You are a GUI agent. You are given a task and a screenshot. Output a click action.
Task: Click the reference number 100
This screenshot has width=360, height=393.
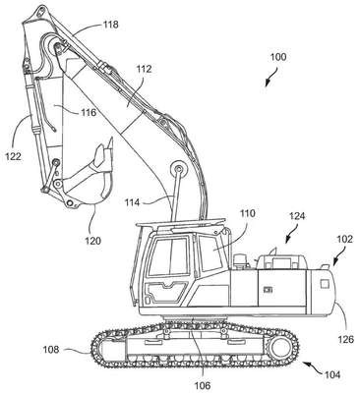278,57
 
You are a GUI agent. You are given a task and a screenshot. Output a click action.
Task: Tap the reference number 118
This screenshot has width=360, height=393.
110,25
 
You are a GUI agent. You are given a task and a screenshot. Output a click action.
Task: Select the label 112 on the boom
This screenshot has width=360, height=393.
144,69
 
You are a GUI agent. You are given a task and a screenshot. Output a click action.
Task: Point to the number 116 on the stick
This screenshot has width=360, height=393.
90,112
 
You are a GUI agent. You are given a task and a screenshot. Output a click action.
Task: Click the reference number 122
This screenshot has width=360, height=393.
13,156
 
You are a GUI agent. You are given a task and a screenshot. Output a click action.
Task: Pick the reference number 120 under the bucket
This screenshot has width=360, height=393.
93,241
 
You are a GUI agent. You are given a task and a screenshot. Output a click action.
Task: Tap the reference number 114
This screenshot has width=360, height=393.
132,202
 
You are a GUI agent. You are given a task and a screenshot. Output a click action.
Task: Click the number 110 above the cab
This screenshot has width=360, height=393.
247,213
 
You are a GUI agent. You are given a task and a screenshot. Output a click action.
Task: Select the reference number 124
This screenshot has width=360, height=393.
297,216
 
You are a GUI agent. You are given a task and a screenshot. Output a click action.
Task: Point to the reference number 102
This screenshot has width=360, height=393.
345,239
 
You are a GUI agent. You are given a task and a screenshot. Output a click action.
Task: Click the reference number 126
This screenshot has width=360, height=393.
347,339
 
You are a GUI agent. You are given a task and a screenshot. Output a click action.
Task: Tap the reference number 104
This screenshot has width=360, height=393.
332,374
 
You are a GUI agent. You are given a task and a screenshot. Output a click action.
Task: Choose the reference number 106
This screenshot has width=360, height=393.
202,385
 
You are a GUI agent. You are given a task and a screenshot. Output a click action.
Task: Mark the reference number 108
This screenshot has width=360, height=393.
51,350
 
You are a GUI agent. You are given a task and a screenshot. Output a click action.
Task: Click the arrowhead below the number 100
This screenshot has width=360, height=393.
268,84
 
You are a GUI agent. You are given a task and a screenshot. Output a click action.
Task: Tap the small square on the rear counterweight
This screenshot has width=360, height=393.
325,284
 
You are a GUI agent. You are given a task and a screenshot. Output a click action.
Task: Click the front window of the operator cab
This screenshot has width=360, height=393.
170,257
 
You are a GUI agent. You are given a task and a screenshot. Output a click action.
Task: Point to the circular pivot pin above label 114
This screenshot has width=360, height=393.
179,169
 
